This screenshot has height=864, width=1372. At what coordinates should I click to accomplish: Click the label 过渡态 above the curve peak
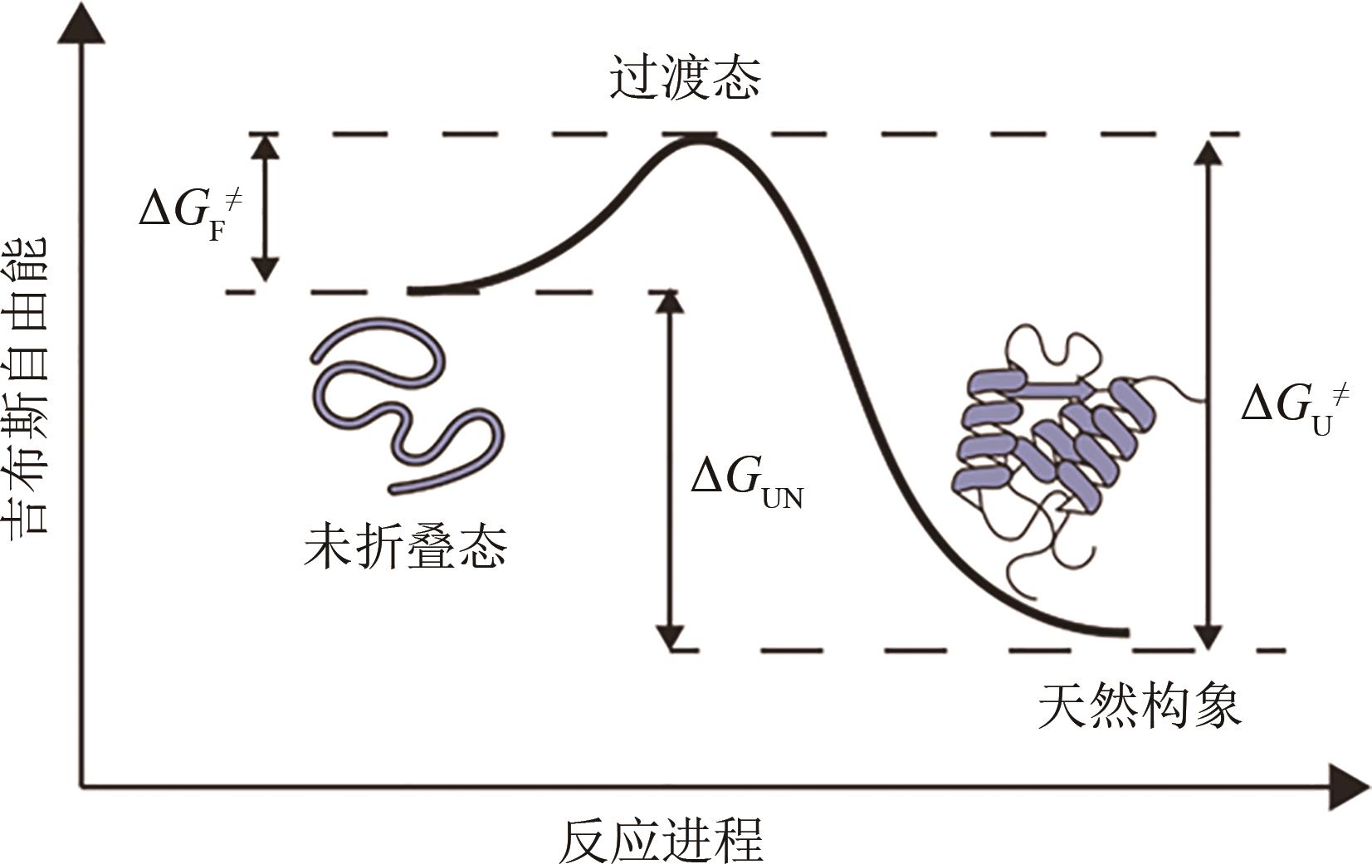685,79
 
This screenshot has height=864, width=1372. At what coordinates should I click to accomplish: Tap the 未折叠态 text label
405,545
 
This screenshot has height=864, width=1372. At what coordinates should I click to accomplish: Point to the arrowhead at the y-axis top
81,21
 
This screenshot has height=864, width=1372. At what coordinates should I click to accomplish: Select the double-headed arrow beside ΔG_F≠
265,207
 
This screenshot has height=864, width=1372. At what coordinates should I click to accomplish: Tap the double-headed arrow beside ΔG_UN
670,471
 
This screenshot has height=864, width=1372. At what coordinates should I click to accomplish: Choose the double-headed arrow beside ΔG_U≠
1208,394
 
